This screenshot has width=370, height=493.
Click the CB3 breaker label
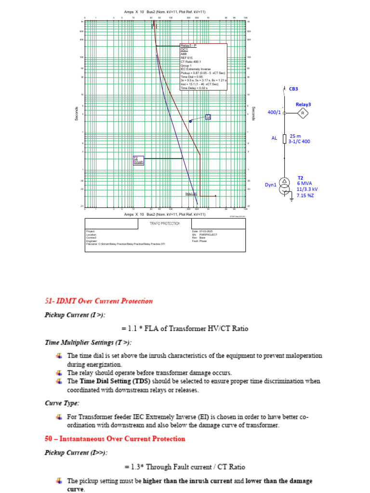[x=293, y=89]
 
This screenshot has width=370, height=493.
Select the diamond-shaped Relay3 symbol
[x=303, y=113]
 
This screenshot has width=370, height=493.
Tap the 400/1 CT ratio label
[x=274, y=112]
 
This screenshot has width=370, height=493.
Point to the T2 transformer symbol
[x=285, y=185]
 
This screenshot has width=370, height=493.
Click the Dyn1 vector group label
[x=270, y=185]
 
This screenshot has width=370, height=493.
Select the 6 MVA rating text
[x=304, y=183]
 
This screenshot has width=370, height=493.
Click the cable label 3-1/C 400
[x=299, y=142]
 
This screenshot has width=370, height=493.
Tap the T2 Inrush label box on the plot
[x=138, y=161]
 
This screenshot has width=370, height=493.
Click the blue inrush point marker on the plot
[x=191, y=121]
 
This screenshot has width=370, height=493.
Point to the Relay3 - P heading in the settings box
[x=188, y=45]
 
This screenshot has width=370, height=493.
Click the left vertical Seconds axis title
[x=76, y=114]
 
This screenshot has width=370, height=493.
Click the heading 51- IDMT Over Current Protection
[x=99, y=301]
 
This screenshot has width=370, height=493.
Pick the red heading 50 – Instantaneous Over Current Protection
[x=115, y=439]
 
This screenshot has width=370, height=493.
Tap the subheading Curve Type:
[x=62, y=402]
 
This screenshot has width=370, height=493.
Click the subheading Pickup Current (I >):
[x=75, y=315]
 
